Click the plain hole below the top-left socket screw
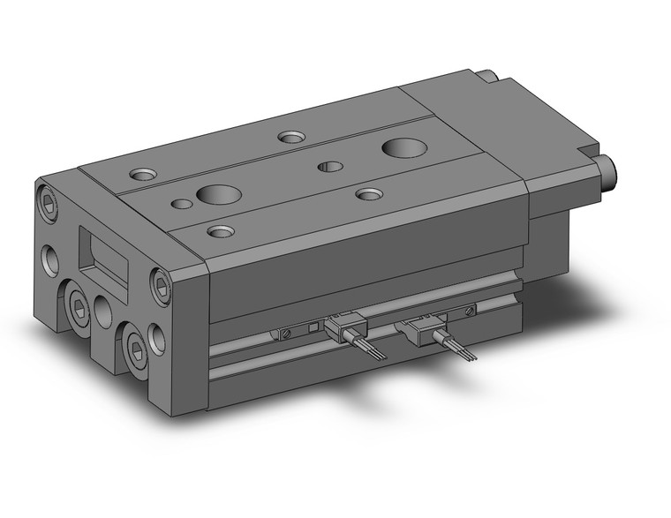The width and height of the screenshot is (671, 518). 49,260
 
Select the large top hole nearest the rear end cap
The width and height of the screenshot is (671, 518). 403,146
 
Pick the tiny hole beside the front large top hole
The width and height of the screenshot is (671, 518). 182,204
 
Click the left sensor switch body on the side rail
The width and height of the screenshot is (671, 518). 339,328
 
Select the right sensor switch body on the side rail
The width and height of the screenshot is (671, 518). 417,327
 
